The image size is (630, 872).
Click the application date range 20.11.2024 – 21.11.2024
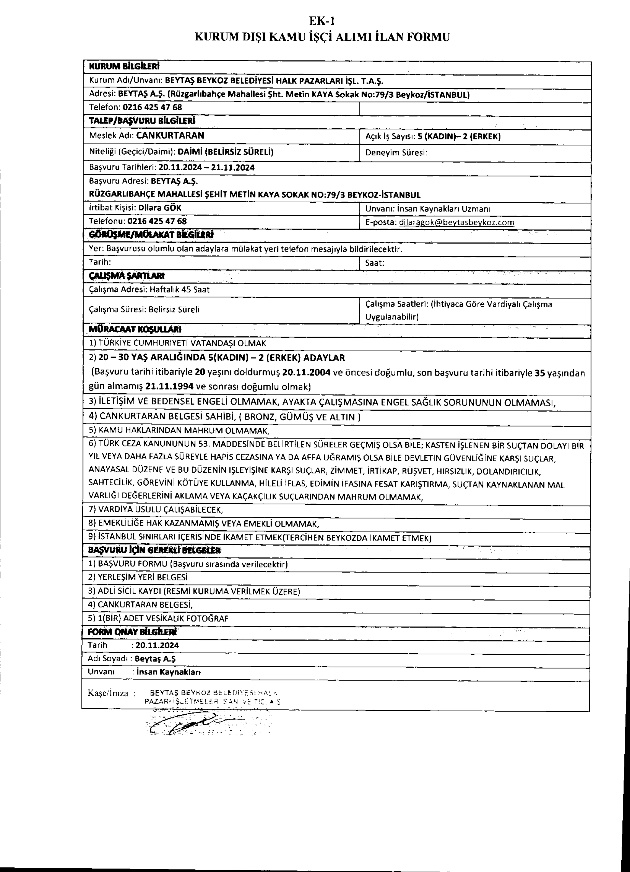(206, 168)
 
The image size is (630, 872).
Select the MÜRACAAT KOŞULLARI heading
(135, 329)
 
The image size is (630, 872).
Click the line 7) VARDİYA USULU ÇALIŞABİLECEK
(156, 510)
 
